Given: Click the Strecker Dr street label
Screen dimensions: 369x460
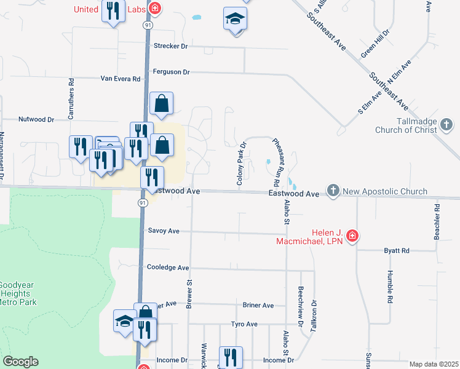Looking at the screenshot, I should [x=170, y=46].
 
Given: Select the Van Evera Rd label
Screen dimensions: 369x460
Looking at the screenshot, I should [x=121, y=79].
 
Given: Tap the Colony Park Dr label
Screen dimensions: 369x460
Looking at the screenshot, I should [x=241, y=164].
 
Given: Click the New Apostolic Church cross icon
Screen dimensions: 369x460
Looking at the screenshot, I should [x=333, y=191].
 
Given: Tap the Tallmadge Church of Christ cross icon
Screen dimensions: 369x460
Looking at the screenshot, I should [x=447, y=125].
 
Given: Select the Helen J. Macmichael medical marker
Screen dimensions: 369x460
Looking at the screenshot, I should [x=352, y=236].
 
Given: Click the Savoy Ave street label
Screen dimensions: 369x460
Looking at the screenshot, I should [x=164, y=231].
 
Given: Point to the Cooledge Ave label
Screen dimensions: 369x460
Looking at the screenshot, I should [x=168, y=268].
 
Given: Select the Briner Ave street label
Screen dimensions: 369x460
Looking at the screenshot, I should [x=258, y=305].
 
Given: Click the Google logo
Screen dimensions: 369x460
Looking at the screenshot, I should [x=20, y=362].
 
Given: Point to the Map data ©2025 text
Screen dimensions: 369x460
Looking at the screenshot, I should [x=433, y=364].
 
